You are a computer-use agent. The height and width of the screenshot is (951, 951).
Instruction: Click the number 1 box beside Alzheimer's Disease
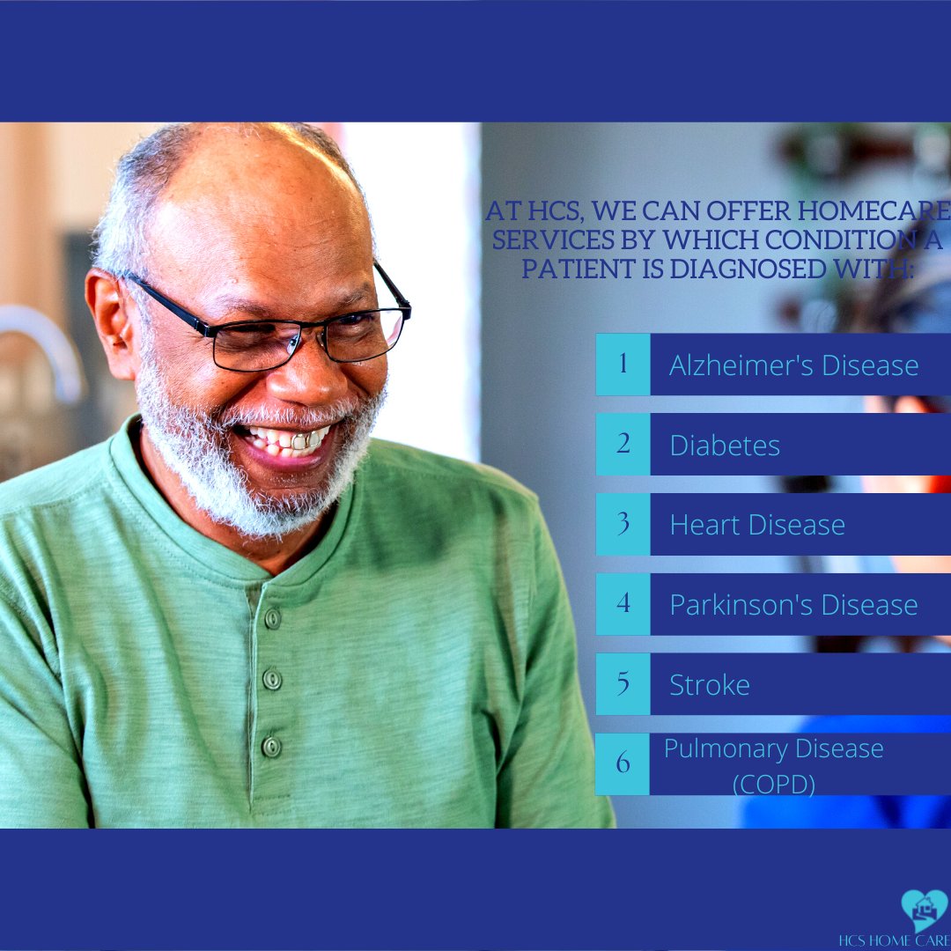(623, 364)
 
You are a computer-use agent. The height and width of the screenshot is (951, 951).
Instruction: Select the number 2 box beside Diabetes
(623, 444)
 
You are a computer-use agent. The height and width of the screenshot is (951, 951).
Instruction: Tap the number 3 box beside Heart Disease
(623, 524)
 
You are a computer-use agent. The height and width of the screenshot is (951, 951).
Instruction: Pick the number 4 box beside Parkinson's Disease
(623, 604)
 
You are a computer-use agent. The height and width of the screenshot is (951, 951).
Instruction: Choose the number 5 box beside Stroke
(623, 684)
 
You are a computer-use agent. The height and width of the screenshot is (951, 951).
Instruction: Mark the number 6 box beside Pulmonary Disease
(623, 763)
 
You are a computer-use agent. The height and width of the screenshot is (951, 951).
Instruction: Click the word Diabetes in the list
(725, 446)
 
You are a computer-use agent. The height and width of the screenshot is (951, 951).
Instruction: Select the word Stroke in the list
(710, 685)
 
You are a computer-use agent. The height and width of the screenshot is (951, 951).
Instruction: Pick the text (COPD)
(774, 783)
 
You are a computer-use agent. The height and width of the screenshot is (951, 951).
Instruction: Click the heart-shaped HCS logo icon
(924, 910)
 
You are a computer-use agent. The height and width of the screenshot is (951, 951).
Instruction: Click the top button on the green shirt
(273, 618)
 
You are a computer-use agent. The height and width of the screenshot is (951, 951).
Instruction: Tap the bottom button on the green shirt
(271, 746)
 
